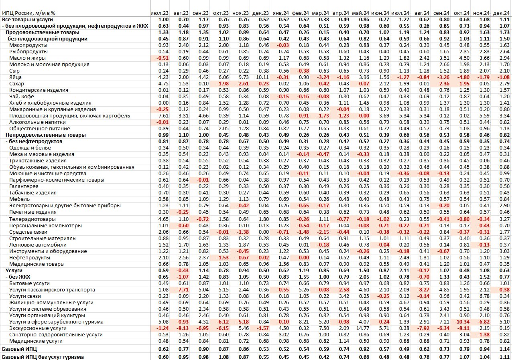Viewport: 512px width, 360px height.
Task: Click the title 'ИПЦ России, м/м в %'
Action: (28, 13)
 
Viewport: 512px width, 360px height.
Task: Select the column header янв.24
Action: (280, 13)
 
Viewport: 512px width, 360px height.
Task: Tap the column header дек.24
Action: (502, 13)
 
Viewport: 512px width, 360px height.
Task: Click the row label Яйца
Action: (15, 77)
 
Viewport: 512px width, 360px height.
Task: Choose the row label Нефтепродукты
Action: (30, 258)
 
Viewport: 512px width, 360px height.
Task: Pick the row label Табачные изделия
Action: (33, 193)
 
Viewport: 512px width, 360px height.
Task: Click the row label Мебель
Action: (19, 199)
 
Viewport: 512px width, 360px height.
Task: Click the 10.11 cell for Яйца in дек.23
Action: (261, 77)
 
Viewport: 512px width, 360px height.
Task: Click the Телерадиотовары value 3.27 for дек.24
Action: (504, 219)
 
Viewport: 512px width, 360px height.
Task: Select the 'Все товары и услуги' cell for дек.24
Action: (504, 20)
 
